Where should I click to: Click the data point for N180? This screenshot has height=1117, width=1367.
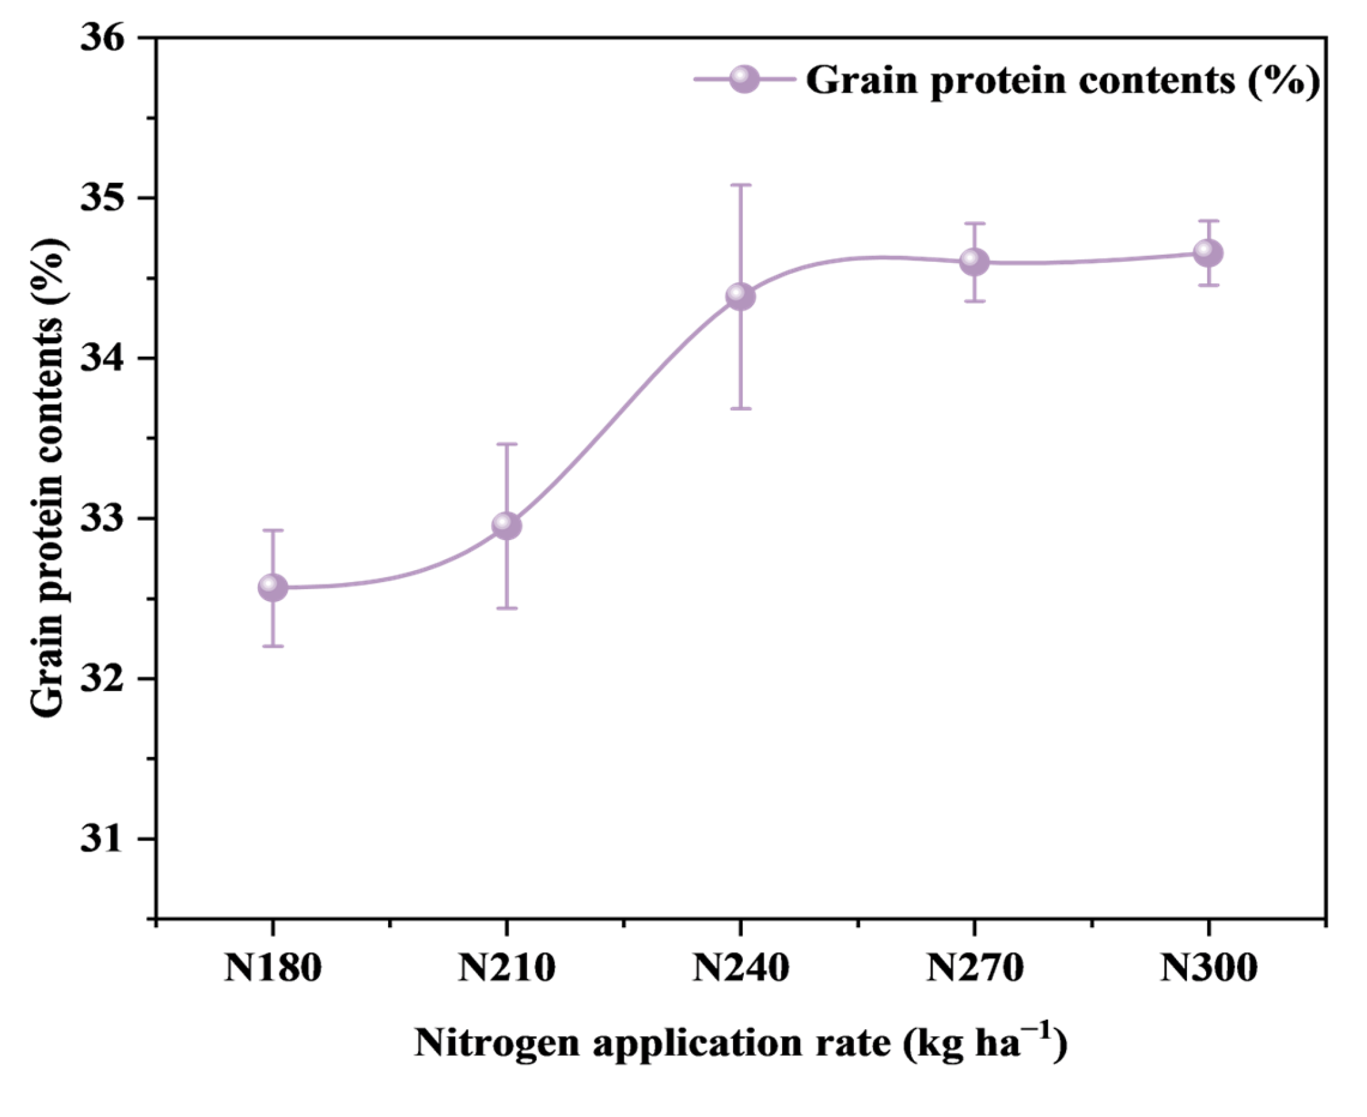click(x=272, y=587)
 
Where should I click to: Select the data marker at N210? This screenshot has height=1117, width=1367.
click(x=507, y=526)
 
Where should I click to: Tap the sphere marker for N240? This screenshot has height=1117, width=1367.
click(x=740, y=297)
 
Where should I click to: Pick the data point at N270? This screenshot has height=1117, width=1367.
click(x=974, y=261)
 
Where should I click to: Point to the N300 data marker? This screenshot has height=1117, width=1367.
click(x=1208, y=253)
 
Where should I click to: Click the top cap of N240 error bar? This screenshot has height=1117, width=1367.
click(x=740, y=185)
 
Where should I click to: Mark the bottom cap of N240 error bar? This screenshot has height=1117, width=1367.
click(x=740, y=408)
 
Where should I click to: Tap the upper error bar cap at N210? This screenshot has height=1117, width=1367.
click(x=507, y=445)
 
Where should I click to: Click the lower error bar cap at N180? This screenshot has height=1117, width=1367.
click(x=272, y=646)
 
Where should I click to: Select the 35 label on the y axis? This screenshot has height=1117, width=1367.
click(x=101, y=198)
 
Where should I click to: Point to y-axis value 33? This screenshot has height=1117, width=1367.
click(x=101, y=518)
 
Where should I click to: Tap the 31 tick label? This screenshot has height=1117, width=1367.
click(x=101, y=839)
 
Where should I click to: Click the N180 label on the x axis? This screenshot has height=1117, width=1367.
click(x=272, y=968)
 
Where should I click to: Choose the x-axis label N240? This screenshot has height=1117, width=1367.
click(x=740, y=968)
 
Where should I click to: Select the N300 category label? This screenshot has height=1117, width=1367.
click(x=1208, y=968)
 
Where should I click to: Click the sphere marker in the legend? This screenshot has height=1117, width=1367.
click(x=745, y=80)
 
